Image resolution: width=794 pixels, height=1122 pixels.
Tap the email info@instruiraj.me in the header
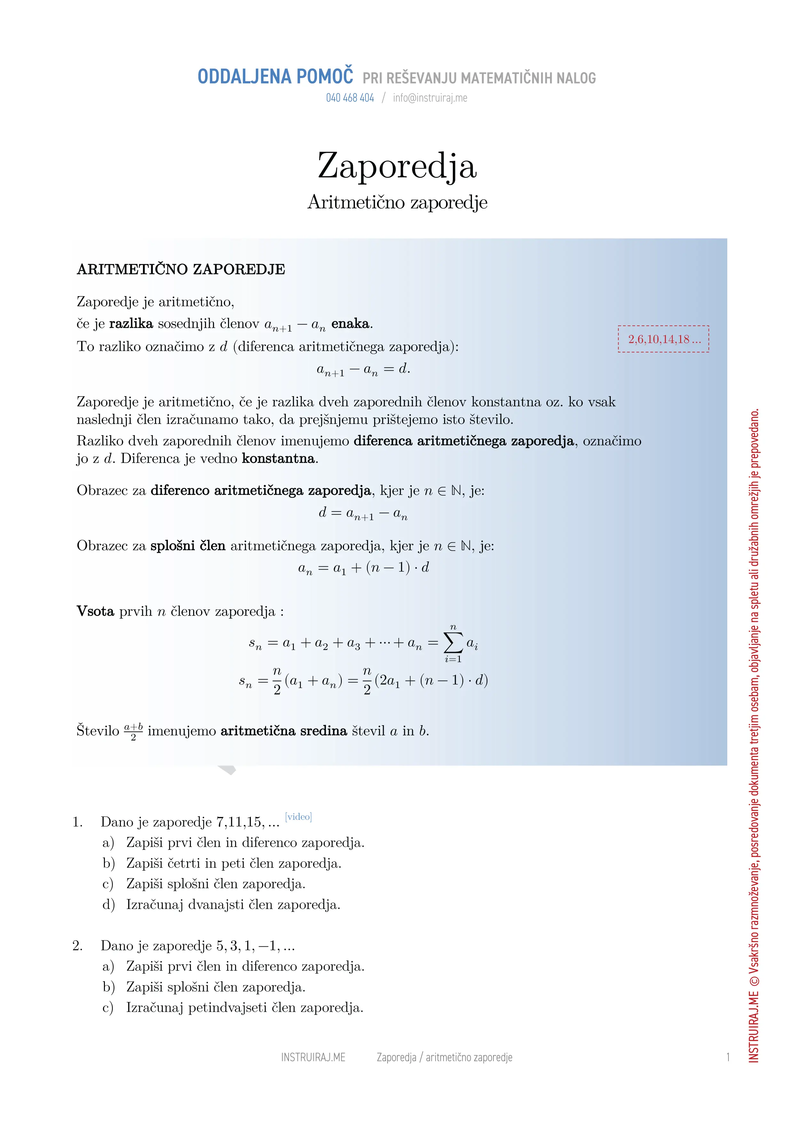coord(430,98)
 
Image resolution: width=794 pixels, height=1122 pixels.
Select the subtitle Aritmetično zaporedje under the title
coord(397,202)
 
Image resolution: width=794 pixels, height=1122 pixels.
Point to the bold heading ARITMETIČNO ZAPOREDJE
coord(181,269)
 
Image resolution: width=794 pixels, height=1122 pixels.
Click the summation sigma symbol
coord(453,643)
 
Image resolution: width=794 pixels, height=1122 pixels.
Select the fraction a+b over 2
coord(133,731)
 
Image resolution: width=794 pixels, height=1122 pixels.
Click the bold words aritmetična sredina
coord(284,731)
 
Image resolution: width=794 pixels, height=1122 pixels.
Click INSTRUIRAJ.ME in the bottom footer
coord(313,1057)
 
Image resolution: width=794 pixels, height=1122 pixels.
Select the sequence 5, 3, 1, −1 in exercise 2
coord(249,946)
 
